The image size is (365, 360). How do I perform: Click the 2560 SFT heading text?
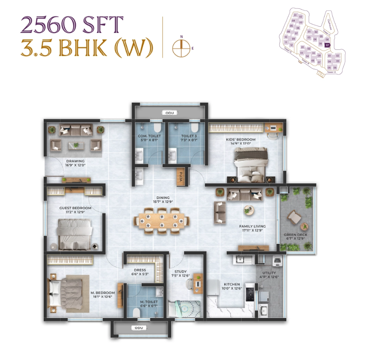(72, 25)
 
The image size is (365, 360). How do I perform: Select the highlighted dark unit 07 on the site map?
(328, 45)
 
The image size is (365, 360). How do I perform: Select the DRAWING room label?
(75, 161)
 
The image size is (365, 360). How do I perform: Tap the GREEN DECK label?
(295, 235)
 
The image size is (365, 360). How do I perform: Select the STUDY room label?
(180, 271)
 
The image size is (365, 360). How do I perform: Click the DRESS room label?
(139, 270)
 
